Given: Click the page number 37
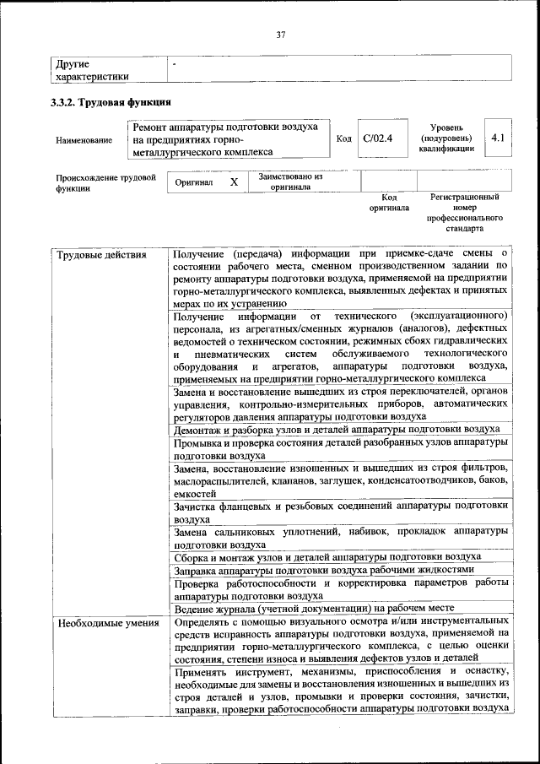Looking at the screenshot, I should pos(281,35).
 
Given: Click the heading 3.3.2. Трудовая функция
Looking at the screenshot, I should pos(111,103).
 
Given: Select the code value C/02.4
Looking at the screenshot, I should pos(377,138).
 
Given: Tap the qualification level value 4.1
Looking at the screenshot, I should pos(497,138).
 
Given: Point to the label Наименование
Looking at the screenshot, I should pos(84,140).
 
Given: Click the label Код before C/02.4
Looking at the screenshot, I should pos(343,138).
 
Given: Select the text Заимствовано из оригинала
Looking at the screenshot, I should pos(290,182).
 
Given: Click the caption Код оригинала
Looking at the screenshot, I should pos(388,202).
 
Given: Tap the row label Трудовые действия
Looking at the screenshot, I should pos(100,254).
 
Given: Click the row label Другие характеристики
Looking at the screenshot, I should pos(92,69).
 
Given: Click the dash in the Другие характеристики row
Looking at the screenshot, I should pos(174,63).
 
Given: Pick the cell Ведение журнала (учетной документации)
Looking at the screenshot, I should pos(314,608).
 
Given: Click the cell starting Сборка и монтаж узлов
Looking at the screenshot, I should pos(327,556).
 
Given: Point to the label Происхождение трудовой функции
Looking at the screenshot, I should pos(106,183).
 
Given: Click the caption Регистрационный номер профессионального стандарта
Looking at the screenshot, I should pos(464,212).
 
